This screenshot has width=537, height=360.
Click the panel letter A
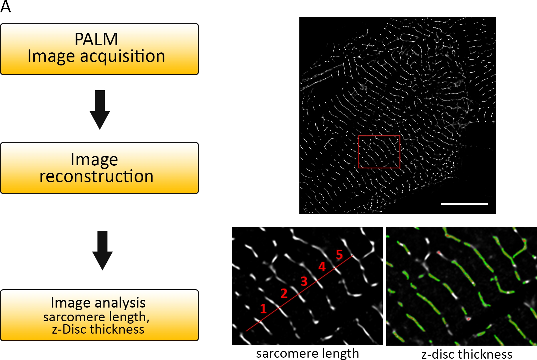click(6, 7)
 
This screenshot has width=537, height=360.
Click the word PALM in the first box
click(96, 39)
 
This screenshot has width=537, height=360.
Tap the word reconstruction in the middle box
click(96, 176)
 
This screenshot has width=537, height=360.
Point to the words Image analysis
click(98, 303)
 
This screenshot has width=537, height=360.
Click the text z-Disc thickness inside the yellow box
click(98, 329)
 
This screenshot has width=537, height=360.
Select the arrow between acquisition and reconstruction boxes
click(100, 109)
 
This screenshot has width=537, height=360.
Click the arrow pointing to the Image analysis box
click(102, 250)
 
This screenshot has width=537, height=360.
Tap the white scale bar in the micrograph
click(464, 203)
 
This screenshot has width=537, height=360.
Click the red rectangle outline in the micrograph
click(379, 136)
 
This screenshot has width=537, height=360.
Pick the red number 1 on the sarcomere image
click(263, 309)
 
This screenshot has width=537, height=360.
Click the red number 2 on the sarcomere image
click(284, 294)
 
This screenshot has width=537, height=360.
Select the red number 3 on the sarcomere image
click(304, 281)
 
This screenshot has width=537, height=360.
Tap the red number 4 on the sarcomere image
click(322, 266)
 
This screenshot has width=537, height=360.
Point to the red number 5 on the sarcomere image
click(339, 254)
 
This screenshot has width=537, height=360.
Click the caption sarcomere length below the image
click(307, 353)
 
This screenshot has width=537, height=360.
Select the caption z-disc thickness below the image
click(467, 354)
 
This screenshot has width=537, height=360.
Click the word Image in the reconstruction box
click(94, 160)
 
